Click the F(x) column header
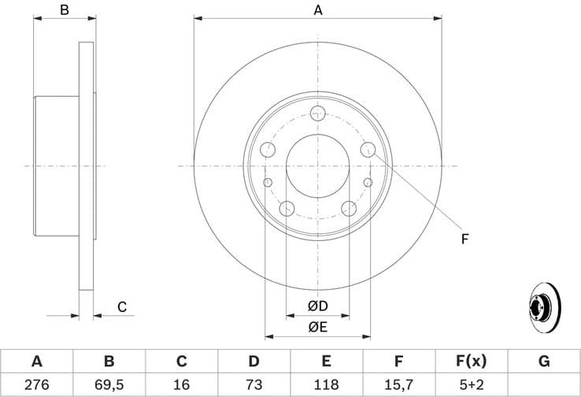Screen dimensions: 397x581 (x=471, y=362)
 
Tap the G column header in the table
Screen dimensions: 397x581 (x=543, y=362)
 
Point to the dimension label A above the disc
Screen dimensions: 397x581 (x=318, y=10)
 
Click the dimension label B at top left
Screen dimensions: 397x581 (x=65, y=10)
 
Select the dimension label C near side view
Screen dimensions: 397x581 (x=122, y=307)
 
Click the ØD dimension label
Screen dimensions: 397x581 (x=318, y=306)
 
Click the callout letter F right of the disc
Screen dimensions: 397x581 (x=464, y=239)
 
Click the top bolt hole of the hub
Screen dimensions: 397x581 (x=318, y=113)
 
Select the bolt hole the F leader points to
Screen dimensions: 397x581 (x=368, y=149)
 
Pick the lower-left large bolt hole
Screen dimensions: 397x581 (x=287, y=209)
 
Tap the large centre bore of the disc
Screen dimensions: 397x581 (x=318, y=165)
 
